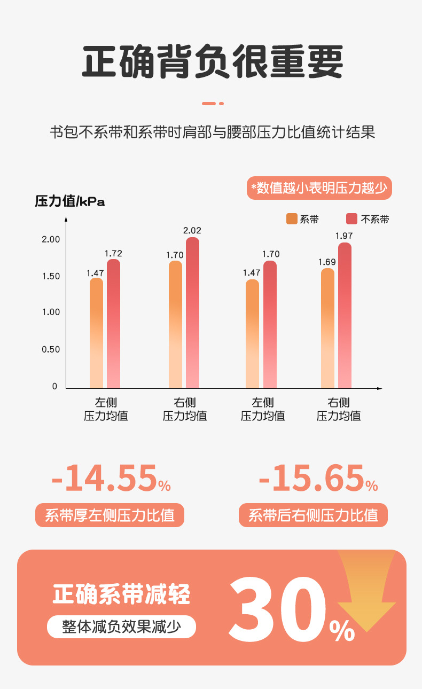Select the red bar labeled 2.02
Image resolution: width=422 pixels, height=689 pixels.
point(192,312)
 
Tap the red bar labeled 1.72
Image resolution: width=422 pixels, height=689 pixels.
point(113,323)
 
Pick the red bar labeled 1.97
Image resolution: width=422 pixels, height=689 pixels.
point(345,315)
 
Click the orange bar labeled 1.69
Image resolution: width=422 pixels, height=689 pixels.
point(327,328)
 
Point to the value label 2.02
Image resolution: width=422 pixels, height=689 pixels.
point(192,231)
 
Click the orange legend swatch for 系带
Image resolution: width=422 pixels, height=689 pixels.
point(292,218)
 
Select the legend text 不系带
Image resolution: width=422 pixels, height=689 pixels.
point(375,219)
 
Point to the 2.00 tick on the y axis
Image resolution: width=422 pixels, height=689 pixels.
point(51,239)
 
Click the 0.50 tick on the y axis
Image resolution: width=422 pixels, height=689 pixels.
point(51,349)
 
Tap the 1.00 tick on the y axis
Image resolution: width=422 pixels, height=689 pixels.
point(51,312)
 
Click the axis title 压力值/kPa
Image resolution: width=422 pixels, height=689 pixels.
point(70,201)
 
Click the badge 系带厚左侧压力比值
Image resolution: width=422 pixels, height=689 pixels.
point(110,515)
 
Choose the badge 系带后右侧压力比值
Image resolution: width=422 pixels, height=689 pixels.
point(313,515)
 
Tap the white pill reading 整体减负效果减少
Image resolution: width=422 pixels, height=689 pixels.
point(121,627)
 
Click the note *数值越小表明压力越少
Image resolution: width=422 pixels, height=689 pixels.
point(319,188)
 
